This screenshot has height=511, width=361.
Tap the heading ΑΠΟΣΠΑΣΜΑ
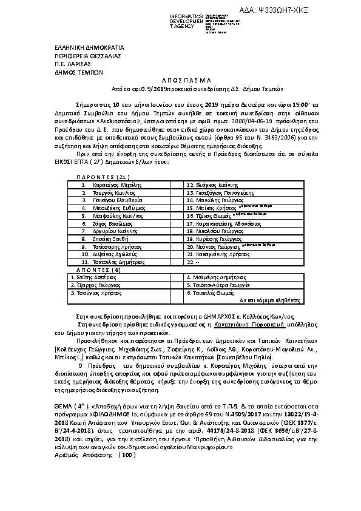point(180,80)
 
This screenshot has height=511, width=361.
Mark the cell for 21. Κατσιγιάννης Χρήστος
point(217,255)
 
